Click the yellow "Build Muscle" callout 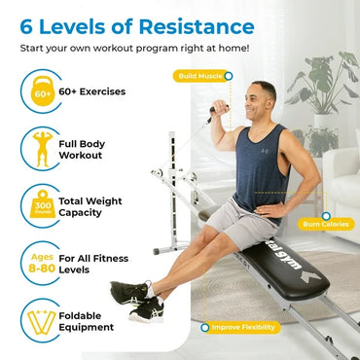coord(201,75)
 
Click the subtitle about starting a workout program coord(126,47)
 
